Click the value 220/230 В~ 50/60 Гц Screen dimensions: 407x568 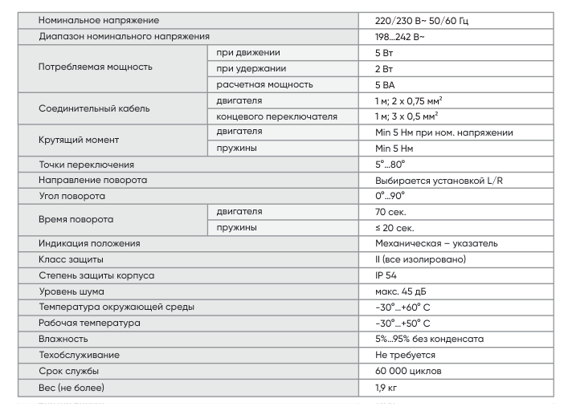tap(421, 20)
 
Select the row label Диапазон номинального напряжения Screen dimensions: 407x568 tap(124, 36)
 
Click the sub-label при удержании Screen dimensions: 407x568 tap(251, 68)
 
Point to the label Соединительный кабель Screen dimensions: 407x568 tap(93, 108)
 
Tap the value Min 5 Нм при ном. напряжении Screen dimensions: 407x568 tap(443, 132)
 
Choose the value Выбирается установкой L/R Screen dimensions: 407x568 tap(439, 181)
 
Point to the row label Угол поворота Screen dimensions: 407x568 tap(72, 196)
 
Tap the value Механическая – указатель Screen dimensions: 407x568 tap(436, 243)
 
